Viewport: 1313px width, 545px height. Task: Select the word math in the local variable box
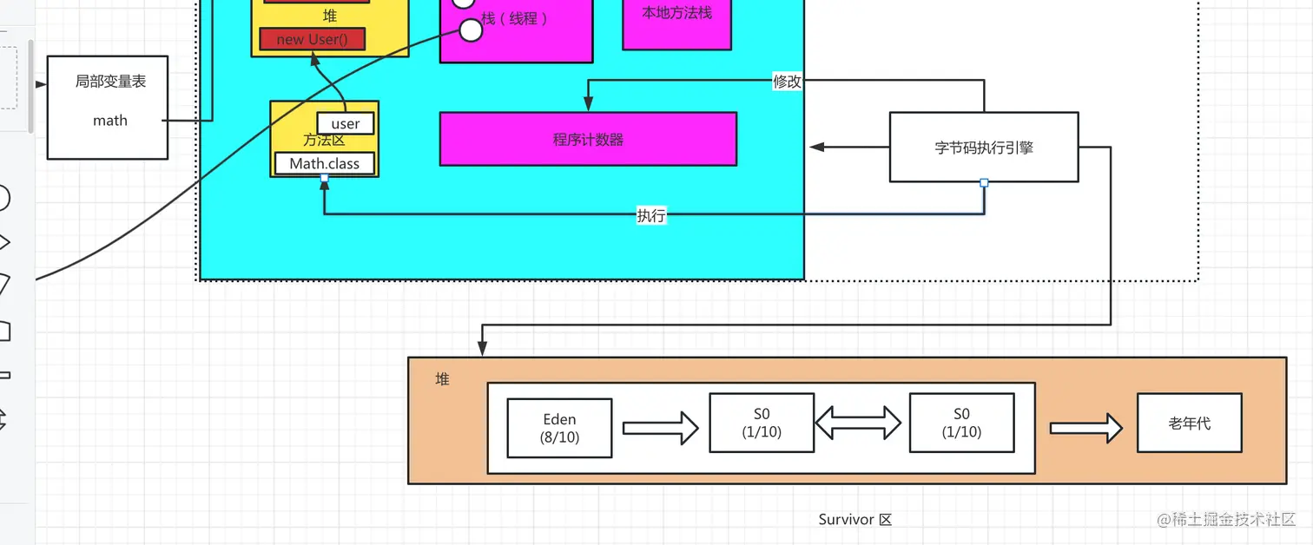tap(110, 121)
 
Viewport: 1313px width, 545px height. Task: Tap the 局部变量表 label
tap(110, 82)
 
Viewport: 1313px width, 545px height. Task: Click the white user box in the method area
tap(346, 124)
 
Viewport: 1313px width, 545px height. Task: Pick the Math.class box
tap(325, 163)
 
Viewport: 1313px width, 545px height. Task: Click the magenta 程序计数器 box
tap(588, 139)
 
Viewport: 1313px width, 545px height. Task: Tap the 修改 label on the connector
tap(787, 82)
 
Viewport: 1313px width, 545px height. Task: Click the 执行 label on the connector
tap(651, 215)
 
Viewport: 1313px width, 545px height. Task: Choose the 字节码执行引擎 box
tap(984, 148)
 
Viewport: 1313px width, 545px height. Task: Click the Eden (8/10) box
tap(559, 428)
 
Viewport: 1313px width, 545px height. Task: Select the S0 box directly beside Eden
tap(762, 423)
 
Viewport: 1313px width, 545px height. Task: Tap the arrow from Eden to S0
tap(661, 427)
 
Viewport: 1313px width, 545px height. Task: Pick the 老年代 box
tap(1189, 423)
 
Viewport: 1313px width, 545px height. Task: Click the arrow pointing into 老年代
tap(1085, 427)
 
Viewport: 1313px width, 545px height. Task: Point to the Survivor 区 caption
tap(854, 520)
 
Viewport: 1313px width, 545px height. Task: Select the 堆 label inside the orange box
tap(443, 379)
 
